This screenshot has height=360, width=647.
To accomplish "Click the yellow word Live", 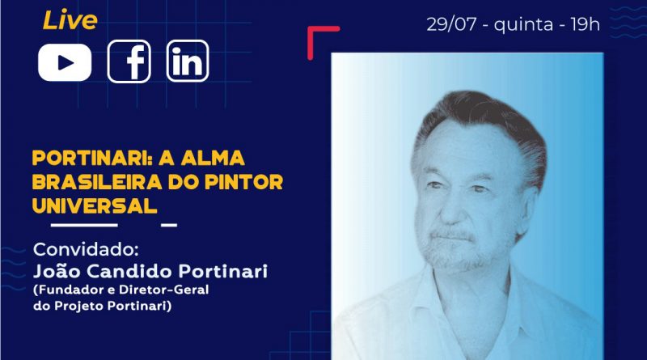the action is click(x=70, y=21).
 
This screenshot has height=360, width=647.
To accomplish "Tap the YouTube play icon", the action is click(x=65, y=62).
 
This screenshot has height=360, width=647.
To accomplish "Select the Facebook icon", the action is click(x=129, y=61).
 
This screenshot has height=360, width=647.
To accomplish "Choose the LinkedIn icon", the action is click(x=188, y=61).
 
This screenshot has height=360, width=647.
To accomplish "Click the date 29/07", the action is click(x=451, y=25).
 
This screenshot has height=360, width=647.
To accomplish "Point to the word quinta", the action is click(x=523, y=25).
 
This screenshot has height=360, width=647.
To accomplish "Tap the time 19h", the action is click(x=585, y=25).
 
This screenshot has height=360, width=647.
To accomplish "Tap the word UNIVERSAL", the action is click(x=95, y=206).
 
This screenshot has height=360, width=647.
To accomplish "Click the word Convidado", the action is click(x=86, y=249).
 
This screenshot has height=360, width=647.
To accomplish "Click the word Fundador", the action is click(x=69, y=290).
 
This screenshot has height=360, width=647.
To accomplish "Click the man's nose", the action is click(x=449, y=210).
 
